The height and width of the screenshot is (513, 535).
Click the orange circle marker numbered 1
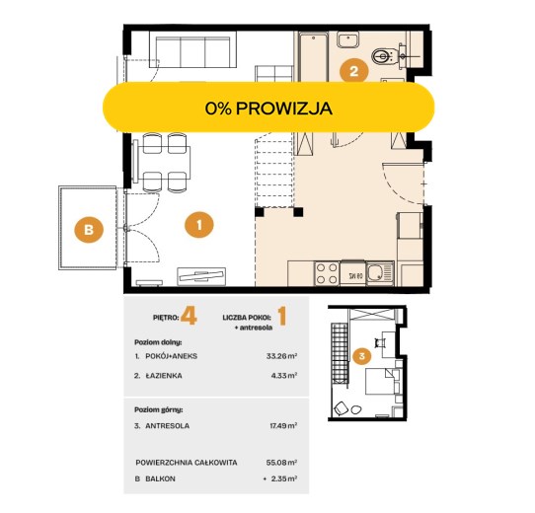pyautogui.click(x=199, y=225)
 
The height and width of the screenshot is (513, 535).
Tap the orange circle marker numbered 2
pyautogui.click(x=353, y=71)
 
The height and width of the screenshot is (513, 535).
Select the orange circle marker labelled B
pyautogui.click(x=89, y=229)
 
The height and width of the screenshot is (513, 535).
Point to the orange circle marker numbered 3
pyautogui.click(x=362, y=356)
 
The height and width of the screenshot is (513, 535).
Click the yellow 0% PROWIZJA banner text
pyautogui.click(x=268, y=109)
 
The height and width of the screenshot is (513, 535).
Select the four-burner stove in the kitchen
pyautogui.click(x=327, y=273)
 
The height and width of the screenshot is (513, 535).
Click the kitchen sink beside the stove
pyautogui.click(x=380, y=273)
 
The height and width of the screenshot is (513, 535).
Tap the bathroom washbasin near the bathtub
pyautogui.click(x=347, y=39)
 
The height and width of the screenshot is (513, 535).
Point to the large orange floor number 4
pyautogui.click(x=189, y=316)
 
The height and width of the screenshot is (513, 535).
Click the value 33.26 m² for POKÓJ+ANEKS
pyautogui.click(x=281, y=356)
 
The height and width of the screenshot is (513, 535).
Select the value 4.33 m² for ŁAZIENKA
pyautogui.click(x=284, y=376)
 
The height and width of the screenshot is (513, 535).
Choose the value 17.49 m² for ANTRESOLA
pyautogui.click(x=283, y=425)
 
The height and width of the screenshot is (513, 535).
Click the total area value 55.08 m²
pyautogui.click(x=281, y=463)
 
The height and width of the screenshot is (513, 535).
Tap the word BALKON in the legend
pyautogui.click(x=160, y=478)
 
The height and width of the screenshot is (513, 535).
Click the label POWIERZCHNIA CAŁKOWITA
pyautogui.click(x=187, y=463)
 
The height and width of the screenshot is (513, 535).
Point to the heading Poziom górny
pyautogui.click(x=159, y=409)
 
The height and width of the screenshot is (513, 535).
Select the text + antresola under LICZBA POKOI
pyautogui.click(x=254, y=328)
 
